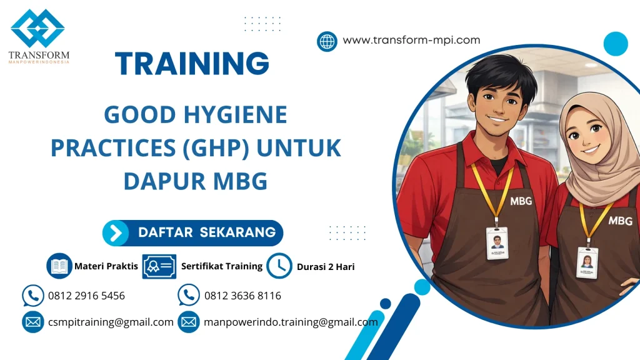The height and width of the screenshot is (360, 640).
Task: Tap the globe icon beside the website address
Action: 327,41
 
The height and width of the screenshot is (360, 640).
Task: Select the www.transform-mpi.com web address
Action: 411,40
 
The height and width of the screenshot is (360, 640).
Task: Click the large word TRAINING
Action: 192,63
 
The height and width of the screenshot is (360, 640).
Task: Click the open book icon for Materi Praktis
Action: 59,266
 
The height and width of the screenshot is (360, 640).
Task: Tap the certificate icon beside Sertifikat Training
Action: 159,266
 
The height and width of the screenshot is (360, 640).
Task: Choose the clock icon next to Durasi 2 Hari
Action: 279,266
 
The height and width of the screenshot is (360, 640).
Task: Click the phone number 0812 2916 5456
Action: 86,296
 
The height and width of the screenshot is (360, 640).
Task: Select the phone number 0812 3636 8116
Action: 242,296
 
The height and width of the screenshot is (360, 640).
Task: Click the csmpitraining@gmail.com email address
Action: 111,322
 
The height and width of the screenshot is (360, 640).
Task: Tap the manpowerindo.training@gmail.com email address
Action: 291,322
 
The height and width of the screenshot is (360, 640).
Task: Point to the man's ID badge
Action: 497,242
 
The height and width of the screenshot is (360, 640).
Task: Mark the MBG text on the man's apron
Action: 521,201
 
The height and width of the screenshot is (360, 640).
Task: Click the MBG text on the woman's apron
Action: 620,221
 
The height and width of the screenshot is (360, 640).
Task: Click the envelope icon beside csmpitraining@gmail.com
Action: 32,322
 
